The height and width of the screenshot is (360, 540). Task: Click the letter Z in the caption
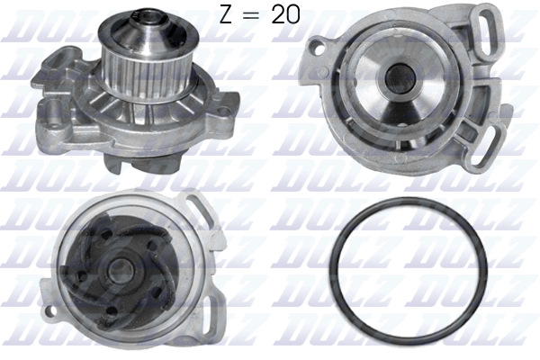click(227, 15)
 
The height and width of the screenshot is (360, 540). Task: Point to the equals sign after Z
click(253, 16)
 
